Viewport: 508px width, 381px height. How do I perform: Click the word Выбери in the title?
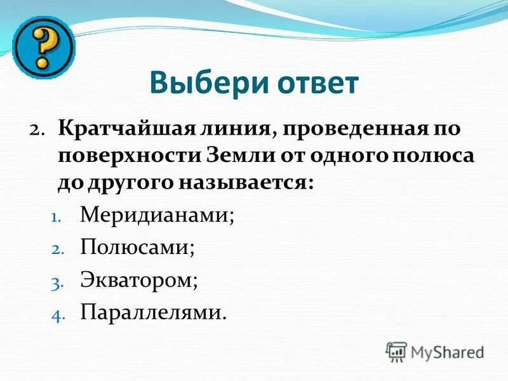(201, 83)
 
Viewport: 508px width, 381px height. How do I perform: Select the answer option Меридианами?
(157, 215)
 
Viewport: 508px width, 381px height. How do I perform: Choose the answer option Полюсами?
(137, 247)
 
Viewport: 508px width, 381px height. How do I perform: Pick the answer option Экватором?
(139, 280)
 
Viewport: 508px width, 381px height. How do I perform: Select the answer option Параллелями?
(153, 312)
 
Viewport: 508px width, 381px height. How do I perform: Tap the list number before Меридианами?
(55, 216)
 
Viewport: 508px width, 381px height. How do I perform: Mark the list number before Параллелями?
(55, 314)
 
